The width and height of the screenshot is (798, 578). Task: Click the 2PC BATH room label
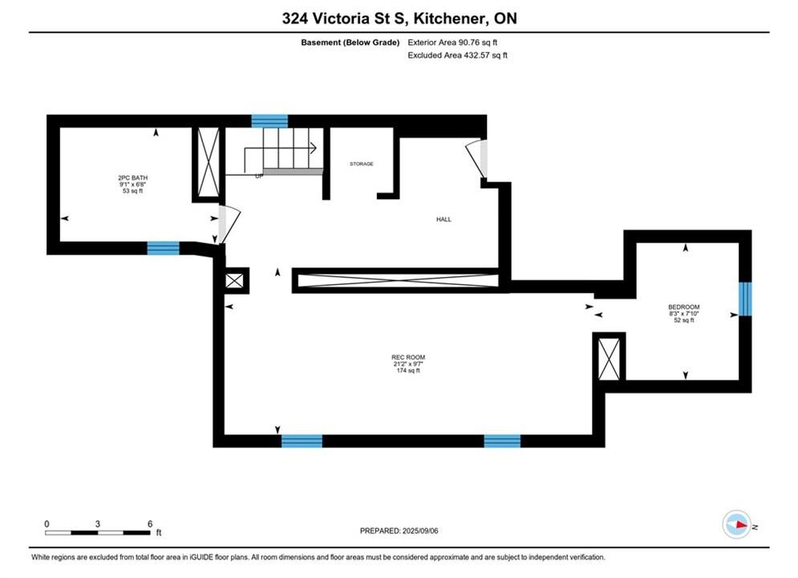point(133,177)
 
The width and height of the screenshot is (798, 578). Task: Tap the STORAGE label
point(362,164)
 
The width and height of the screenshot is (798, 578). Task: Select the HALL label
point(444,219)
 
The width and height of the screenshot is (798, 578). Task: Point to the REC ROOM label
point(408,357)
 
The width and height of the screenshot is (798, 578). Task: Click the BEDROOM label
point(684,307)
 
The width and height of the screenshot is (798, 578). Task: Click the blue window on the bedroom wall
point(745,299)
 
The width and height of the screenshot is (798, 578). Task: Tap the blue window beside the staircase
point(269,121)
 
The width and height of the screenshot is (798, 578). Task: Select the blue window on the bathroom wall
point(164,248)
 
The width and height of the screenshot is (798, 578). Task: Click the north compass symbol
point(737,524)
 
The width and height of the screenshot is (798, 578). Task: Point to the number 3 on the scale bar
point(97,523)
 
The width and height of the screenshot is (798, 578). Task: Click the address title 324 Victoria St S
point(345,18)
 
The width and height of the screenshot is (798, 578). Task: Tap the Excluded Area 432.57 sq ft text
point(457,55)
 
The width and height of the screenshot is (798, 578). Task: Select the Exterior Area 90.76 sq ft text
point(452,43)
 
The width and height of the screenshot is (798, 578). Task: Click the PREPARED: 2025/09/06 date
point(399,531)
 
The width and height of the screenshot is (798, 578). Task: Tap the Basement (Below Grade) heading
point(350,43)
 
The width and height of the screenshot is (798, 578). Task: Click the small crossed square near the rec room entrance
point(235,281)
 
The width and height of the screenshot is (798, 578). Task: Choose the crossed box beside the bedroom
point(610,359)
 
